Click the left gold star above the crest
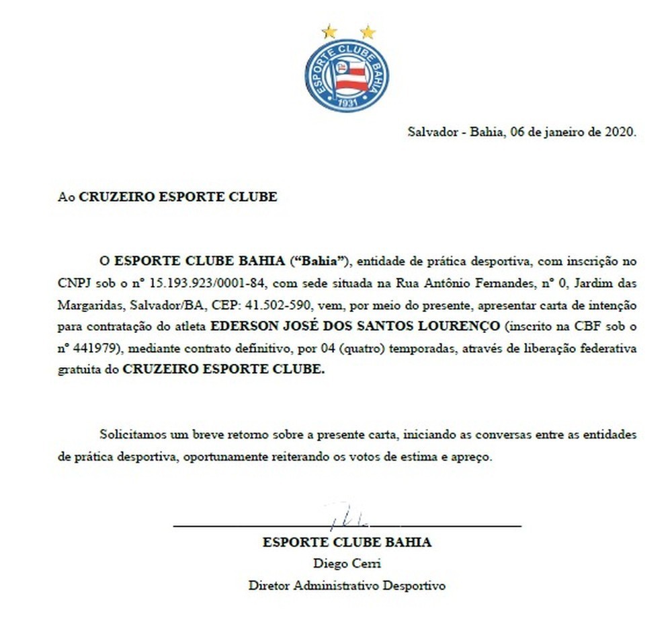(329, 31)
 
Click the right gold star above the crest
(367, 31)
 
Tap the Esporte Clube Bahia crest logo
(347, 75)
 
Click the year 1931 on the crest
(347, 103)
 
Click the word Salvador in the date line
(431, 132)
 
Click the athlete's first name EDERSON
(241, 326)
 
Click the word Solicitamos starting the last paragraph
(135, 435)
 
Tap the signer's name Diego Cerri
(347, 564)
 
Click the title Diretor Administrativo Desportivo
(347, 585)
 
